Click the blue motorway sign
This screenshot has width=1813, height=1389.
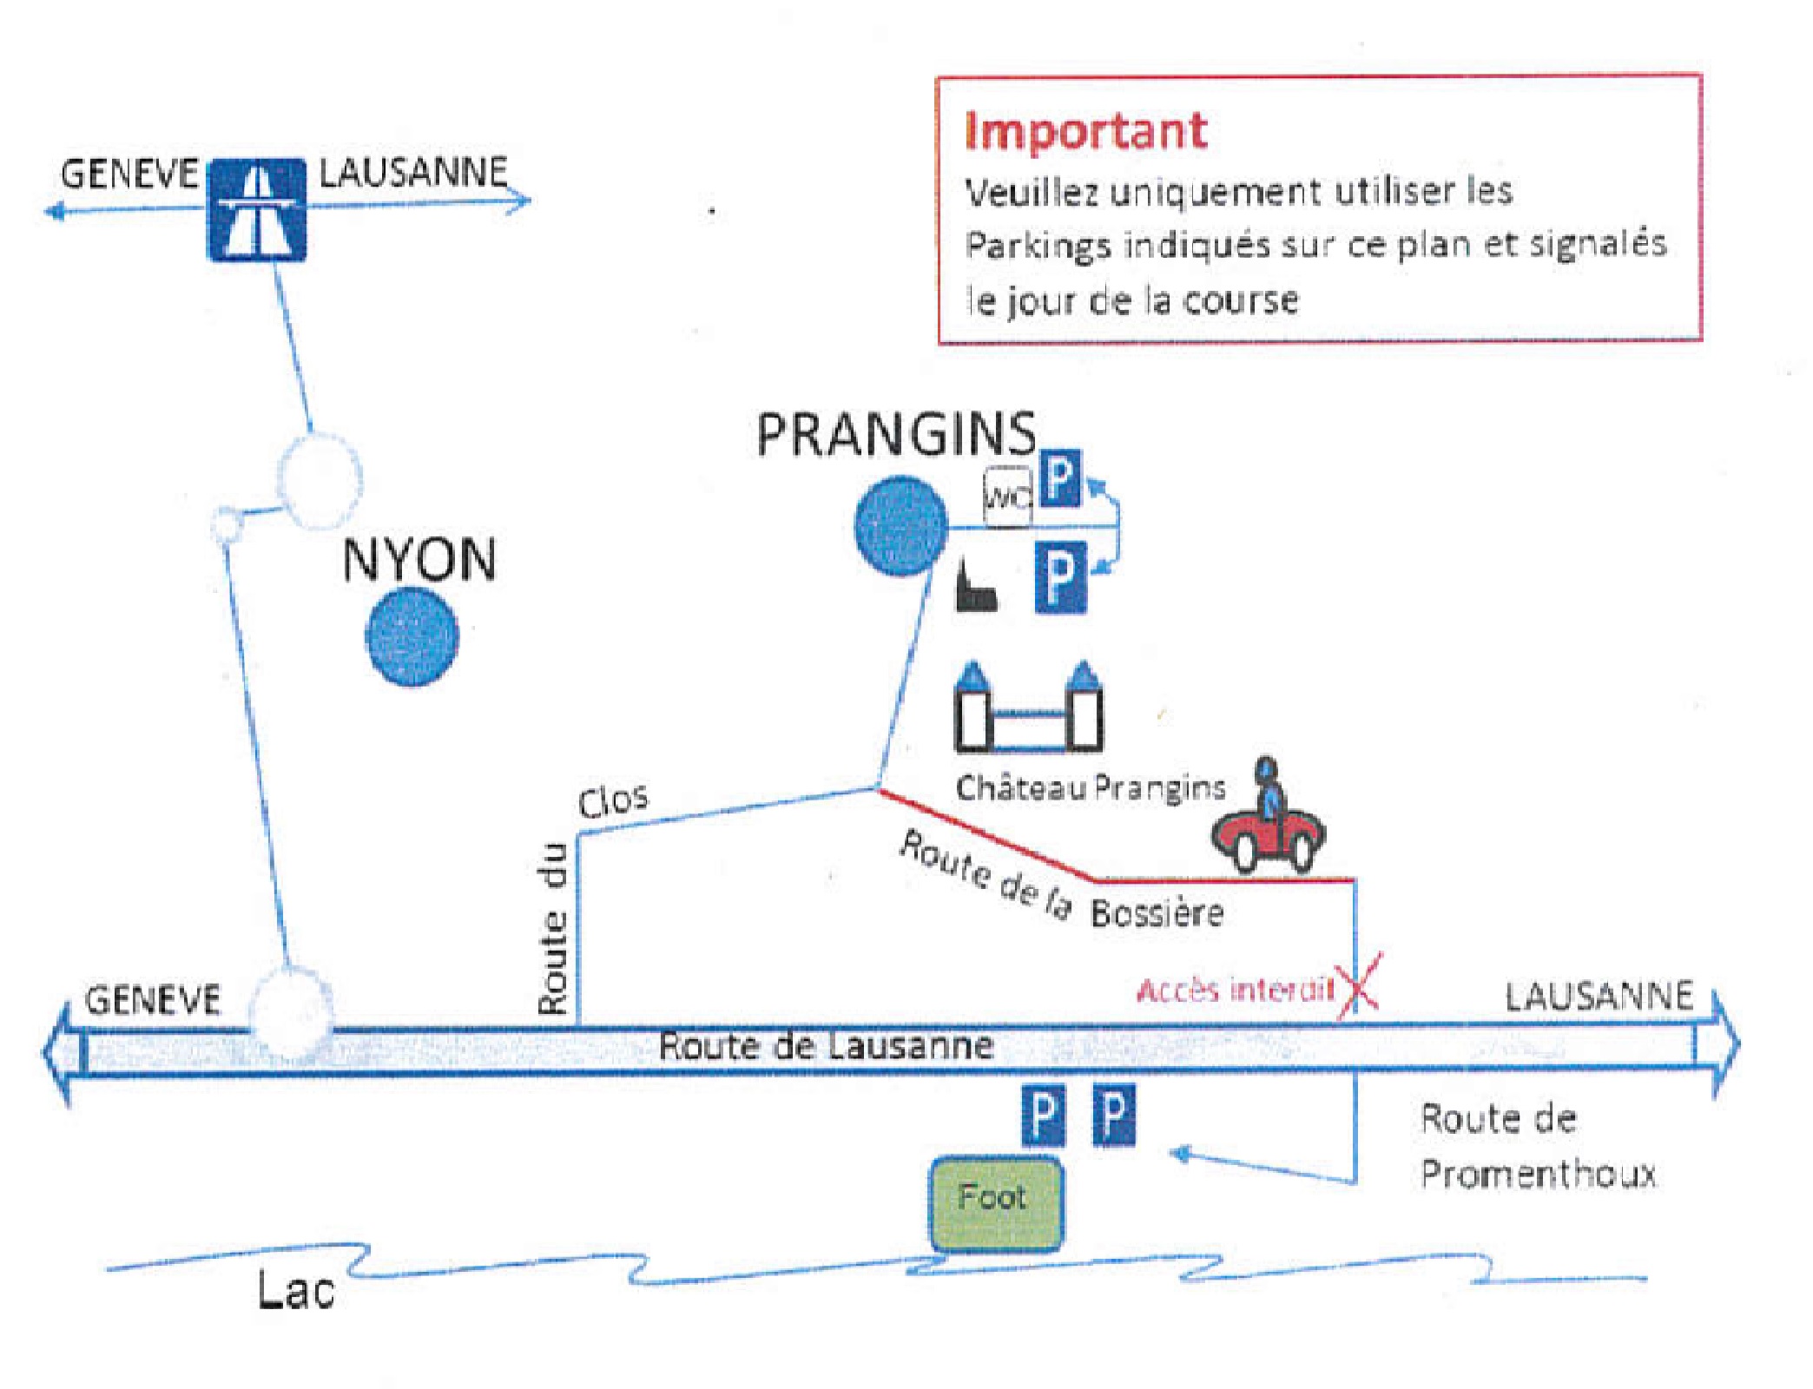pyautogui.click(x=256, y=209)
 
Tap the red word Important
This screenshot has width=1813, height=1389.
pyautogui.click(x=1085, y=131)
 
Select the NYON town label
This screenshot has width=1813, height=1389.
pyautogui.click(x=419, y=560)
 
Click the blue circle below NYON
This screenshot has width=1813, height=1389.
pyautogui.click(x=412, y=637)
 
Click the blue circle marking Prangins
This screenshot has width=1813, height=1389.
pyautogui.click(x=900, y=526)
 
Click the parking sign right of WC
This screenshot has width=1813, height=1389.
pyautogui.click(x=1060, y=477)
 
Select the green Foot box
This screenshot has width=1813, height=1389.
pyautogui.click(x=996, y=1203)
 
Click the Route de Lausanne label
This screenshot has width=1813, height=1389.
pyautogui.click(x=826, y=1046)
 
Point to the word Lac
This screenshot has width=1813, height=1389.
pyautogui.click(x=295, y=1290)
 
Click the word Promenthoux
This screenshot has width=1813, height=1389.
pyautogui.click(x=1538, y=1175)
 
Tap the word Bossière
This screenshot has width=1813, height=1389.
pyautogui.click(x=1157, y=913)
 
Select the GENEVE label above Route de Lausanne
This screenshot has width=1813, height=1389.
pyautogui.click(x=153, y=1000)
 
